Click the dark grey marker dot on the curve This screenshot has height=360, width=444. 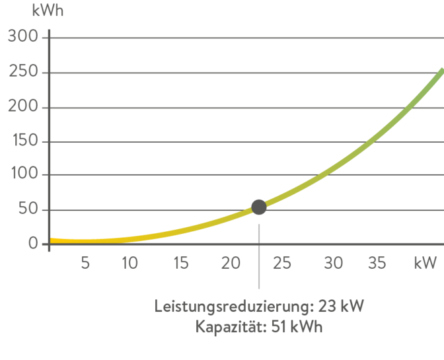click(259, 207)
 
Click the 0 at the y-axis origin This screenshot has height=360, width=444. click(33, 244)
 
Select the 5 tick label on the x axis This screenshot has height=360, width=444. click(85, 263)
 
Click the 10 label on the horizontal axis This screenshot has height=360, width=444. click(129, 263)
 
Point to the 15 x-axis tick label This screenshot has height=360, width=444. click(180, 263)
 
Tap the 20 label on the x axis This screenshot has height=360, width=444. click(230, 263)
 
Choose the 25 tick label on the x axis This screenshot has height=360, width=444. click(281, 263)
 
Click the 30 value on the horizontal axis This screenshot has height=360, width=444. click(333, 263)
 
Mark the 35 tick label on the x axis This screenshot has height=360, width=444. click(376, 263)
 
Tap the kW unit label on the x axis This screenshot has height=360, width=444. click(425, 263)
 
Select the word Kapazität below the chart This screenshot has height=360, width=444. click(230, 327)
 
